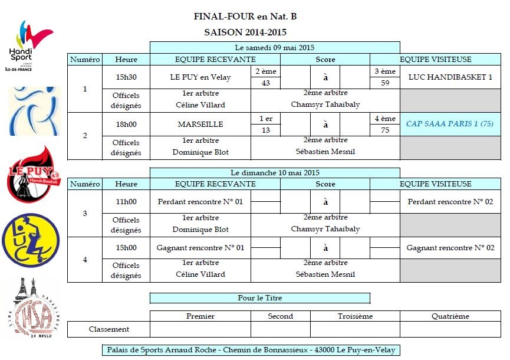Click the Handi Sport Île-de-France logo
[29, 45]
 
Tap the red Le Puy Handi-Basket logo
[33, 174]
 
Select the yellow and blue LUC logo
[31, 240]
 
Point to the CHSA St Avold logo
[32, 308]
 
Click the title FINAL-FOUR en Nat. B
[245, 17]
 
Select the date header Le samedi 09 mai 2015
[275, 48]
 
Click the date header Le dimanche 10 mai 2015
[275, 172]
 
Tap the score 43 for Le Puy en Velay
[266, 83]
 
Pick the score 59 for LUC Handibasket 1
[385, 83]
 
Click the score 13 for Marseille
[266, 130]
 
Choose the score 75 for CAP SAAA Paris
[385, 130]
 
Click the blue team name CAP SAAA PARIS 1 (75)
[450, 124]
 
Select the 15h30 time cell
[126, 77]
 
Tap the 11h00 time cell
[126, 202]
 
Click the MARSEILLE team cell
[200, 125]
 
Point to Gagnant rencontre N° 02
[450, 248]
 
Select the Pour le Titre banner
[260, 298]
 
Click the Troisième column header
[355, 316]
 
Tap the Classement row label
[108, 329]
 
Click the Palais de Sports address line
[251, 350]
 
